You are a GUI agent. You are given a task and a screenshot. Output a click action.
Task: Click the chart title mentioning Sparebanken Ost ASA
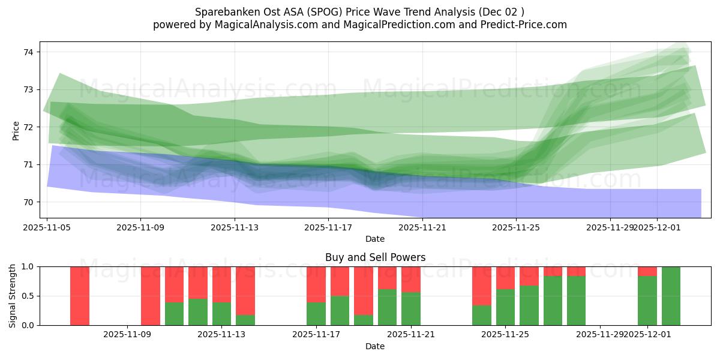click(360, 12)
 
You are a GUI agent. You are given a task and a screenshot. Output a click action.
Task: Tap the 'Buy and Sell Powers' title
click(375, 257)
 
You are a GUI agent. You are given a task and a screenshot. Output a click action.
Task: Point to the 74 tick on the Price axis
click(29, 52)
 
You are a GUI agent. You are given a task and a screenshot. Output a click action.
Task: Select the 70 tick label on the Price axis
click(29, 202)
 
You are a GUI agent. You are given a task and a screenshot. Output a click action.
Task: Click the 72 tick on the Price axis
click(29, 127)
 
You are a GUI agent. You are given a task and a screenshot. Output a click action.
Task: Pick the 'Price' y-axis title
click(16, 130)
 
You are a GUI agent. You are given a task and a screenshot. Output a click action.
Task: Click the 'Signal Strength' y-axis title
click(13, 296)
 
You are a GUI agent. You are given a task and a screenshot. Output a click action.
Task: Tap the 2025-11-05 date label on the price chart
click(47, 227)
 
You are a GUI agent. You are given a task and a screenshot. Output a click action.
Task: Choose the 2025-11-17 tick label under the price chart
click(328, 227)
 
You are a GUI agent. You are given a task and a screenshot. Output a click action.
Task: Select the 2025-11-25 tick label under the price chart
click(516, 227)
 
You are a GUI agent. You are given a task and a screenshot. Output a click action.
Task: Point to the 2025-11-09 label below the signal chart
click(128, 334)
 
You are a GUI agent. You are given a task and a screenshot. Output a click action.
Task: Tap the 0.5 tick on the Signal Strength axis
click(29, 296)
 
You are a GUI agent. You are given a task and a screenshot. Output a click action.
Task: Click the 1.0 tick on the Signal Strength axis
click(29, 266)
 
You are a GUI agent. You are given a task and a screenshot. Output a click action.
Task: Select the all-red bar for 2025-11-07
click(80, 296)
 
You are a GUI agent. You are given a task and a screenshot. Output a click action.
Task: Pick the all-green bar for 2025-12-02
click(671, 296)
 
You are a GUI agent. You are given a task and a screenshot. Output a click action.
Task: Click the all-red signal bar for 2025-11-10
click(151, 296)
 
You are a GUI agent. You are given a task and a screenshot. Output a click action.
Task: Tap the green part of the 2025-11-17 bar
click(316, 314)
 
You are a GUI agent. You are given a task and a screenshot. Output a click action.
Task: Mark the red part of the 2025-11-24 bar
click(482, 286)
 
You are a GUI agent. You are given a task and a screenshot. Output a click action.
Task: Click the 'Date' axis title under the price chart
click(375, 239)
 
